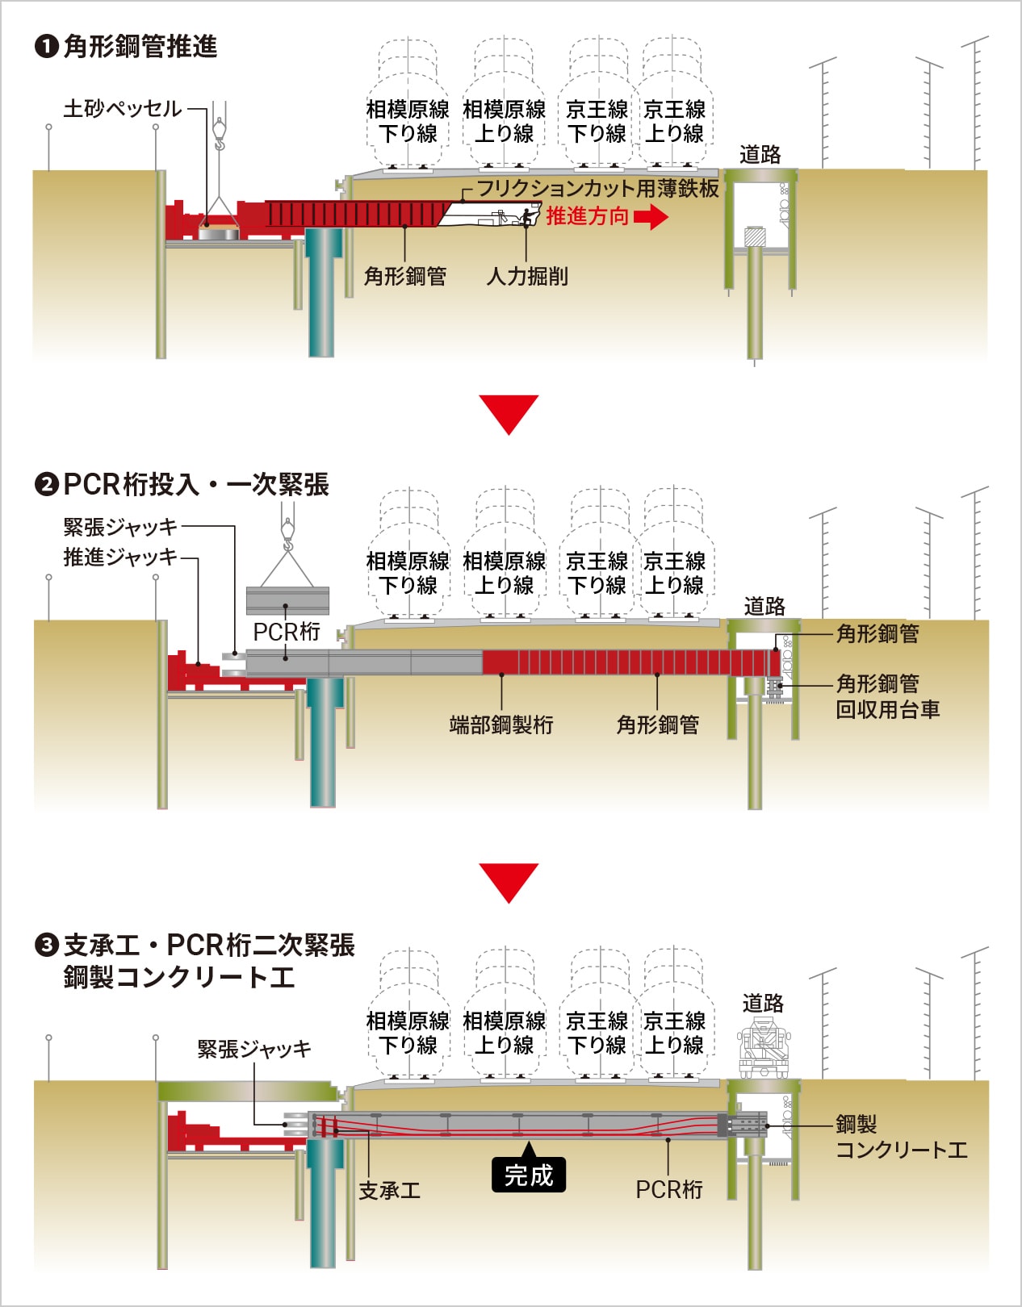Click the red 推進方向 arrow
651,216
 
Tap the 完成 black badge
529,1175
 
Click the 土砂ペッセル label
123,108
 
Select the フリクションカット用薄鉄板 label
597,188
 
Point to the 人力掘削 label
527,277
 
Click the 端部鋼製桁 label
501,724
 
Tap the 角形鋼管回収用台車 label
887,696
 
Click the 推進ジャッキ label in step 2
120,557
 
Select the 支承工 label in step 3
390,1190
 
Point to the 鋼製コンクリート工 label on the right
900,1137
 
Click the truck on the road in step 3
762,1048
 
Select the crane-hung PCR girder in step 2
287,601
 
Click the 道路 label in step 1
760,154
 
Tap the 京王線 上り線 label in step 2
675,573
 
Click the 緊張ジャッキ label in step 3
254,1049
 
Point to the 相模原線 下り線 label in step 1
408,121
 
